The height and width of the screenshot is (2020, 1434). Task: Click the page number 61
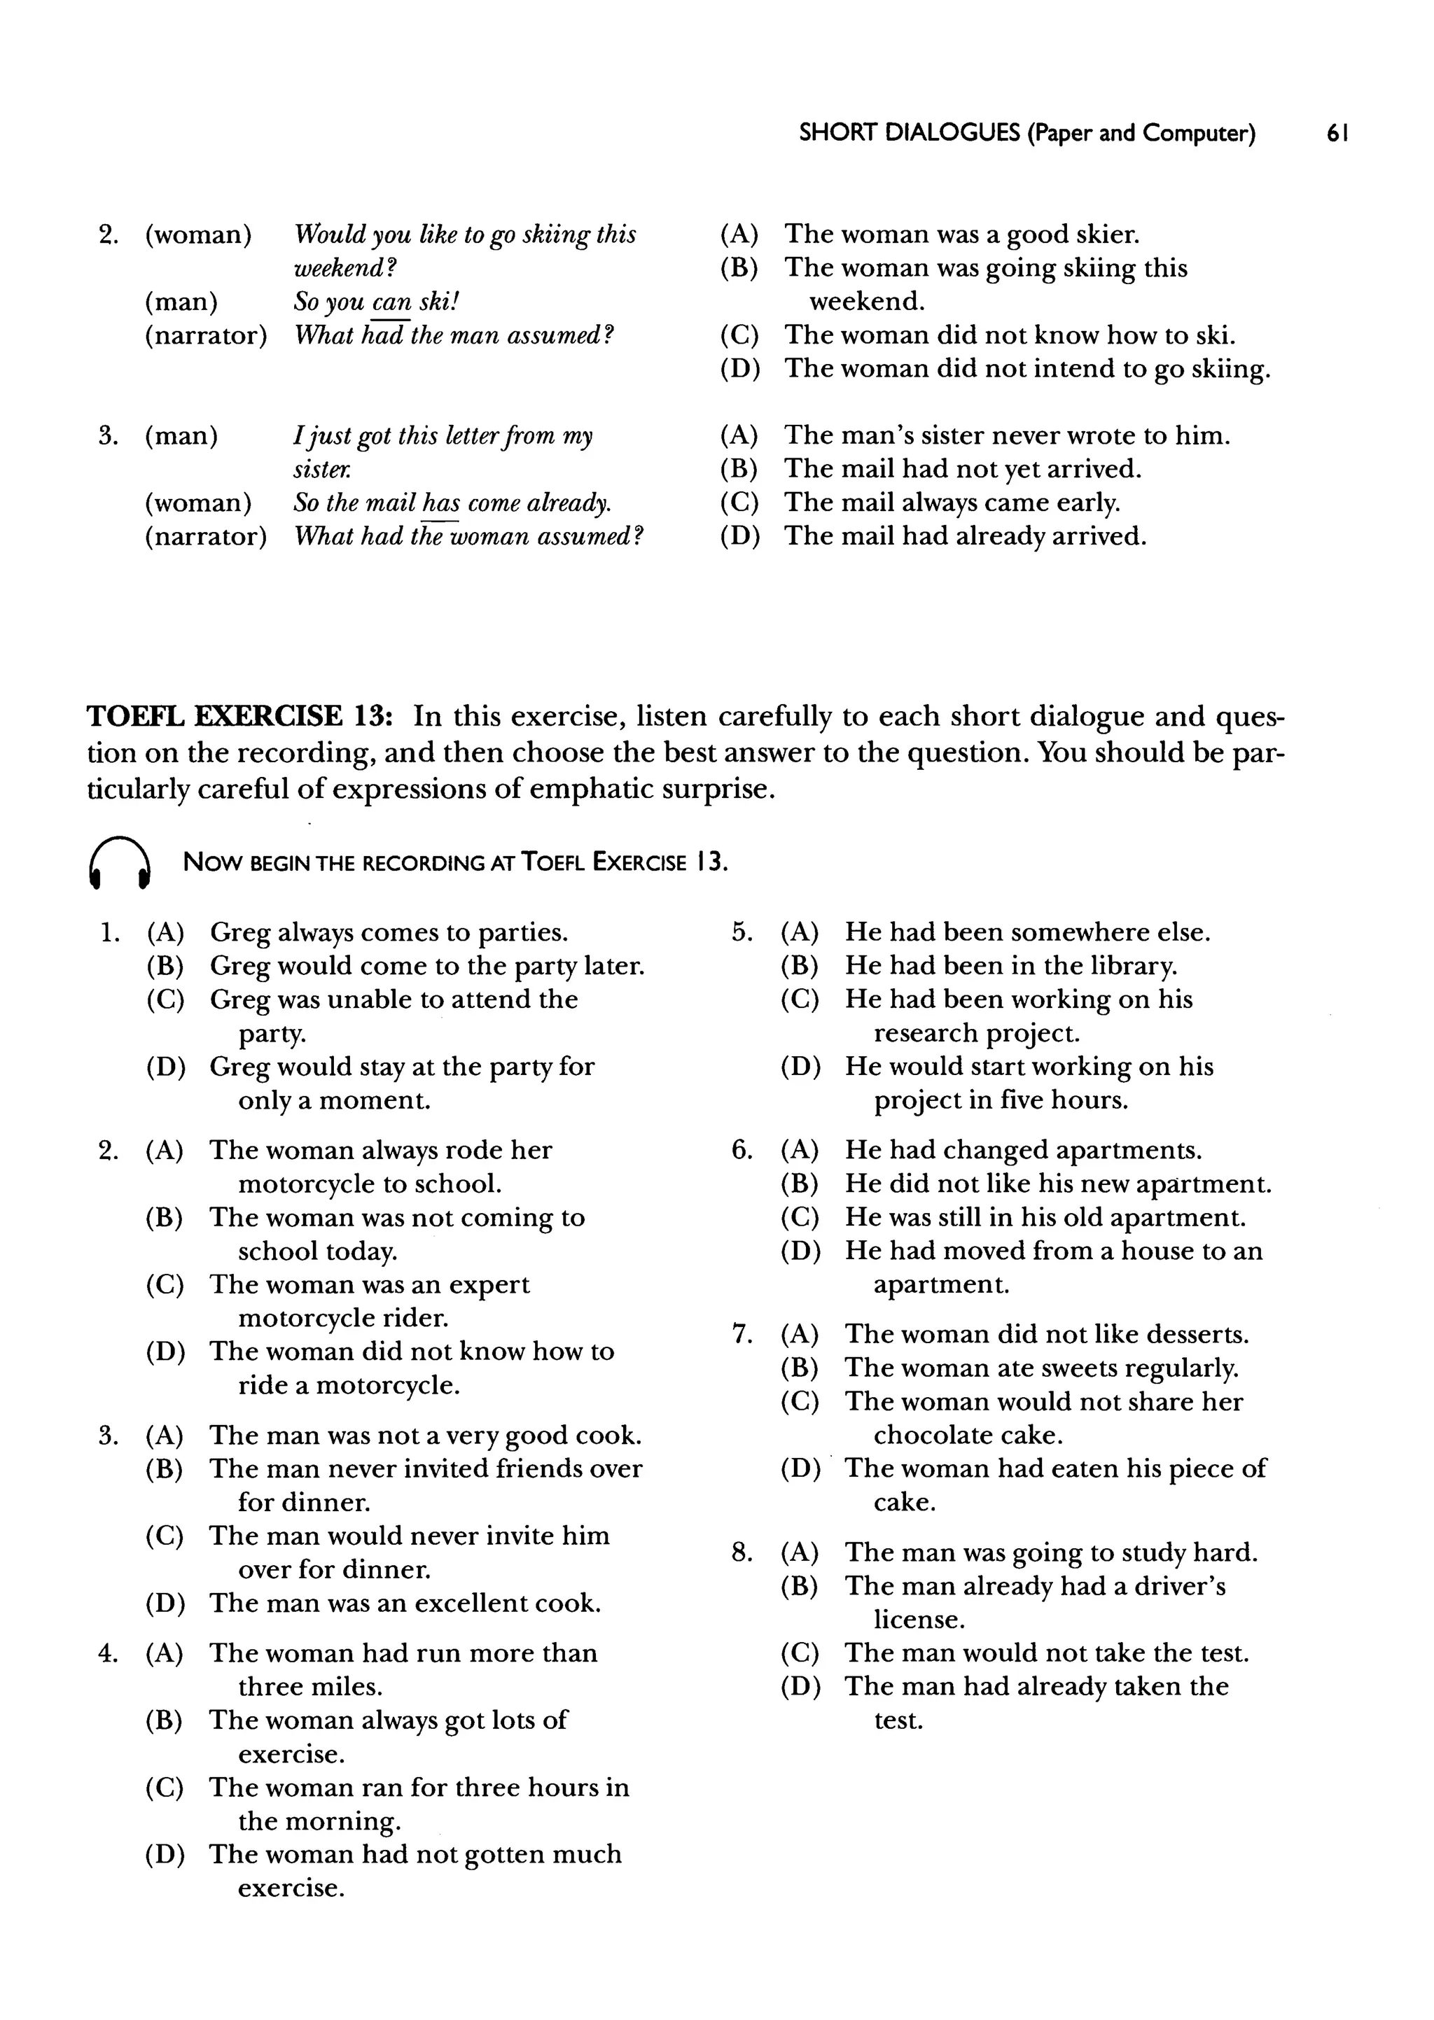click(1336, 133)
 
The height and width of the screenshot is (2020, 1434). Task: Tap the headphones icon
click(120, 862)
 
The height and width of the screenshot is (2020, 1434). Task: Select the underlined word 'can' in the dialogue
click(391, 302)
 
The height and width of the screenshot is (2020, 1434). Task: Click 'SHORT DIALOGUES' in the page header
click(910, 133)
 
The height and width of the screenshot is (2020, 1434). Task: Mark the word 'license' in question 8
click(919, 1620)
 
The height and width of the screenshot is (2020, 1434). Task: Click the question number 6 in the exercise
click(741, 1150)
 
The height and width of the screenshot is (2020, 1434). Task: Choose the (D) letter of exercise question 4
click(165, 1855)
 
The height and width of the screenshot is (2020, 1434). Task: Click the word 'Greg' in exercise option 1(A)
click(239, 933)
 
